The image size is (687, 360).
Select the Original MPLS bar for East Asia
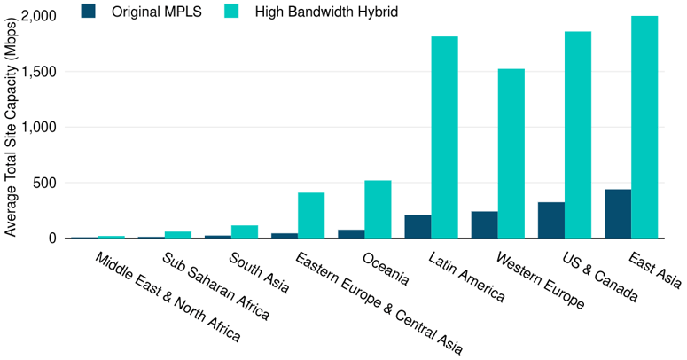tap(618, 214)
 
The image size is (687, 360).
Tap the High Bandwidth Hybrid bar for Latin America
tap(444, 137)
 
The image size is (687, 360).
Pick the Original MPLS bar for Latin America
tap(418, 226)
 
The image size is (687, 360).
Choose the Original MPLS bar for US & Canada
tap(551, 220)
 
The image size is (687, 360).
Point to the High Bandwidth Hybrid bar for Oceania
tap(378, 209)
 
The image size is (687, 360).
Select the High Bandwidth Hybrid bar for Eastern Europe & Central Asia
tap(311, 215)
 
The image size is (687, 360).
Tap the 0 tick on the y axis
tap(53, 239)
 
